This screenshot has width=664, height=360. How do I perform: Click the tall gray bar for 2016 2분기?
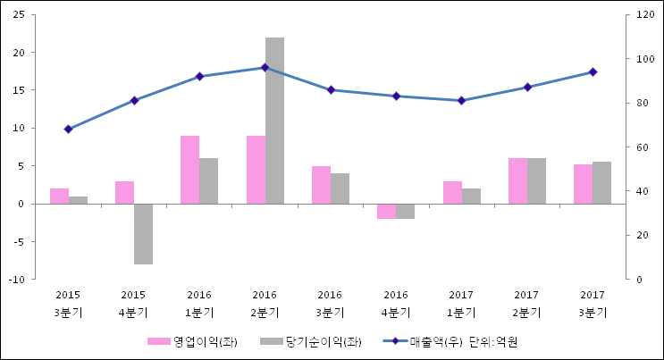click(274, 121)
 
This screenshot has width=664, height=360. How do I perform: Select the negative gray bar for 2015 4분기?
click(143, 234)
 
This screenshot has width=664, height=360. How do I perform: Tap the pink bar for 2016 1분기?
click(189, 170)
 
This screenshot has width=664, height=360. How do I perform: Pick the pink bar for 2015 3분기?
click(59, 197)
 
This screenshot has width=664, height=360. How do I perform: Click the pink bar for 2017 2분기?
click(517, 181)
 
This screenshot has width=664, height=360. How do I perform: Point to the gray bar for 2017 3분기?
click(601, 183)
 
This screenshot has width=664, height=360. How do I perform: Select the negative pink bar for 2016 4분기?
click(386, 211)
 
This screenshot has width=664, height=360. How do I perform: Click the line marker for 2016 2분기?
click(265, 67)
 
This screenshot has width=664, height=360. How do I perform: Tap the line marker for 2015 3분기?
click(68, 129)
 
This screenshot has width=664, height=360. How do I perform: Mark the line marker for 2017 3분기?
click(593, 71)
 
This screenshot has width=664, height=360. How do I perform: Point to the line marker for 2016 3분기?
click(331, 89)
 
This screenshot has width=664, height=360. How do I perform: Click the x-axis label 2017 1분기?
click(461, 304)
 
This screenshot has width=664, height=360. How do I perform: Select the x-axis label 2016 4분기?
click(396, 304)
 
